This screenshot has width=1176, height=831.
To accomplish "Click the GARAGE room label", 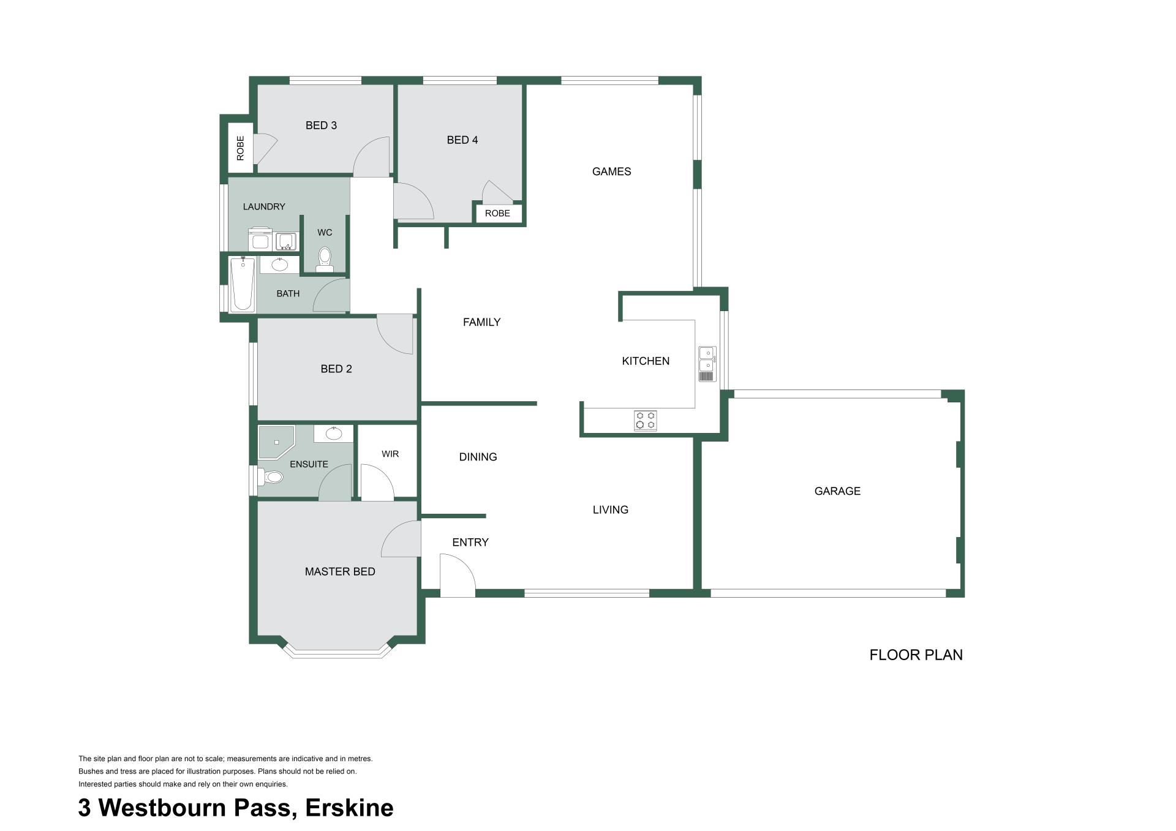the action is (837, 491).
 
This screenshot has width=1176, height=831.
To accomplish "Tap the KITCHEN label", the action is (646, 361).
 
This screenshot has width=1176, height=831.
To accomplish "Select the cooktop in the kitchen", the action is (646, 420).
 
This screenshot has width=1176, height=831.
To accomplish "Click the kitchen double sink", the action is (707, 364).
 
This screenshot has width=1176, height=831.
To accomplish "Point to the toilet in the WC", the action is (325, 260).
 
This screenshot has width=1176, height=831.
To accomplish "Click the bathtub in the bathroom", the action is (243, 284).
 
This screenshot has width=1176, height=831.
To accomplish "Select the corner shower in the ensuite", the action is (276, 442).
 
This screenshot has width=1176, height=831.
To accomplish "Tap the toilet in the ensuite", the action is (270, 476).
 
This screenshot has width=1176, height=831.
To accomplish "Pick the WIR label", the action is (390, 454).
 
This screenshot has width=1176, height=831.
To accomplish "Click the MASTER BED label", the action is (340, 572).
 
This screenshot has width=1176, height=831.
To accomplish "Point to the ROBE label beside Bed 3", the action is (240, 148).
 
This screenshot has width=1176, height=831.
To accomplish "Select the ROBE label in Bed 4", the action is (497, 214).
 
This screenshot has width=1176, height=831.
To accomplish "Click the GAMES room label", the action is (611, 172).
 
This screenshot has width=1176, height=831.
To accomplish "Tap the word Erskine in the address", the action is (349, 808).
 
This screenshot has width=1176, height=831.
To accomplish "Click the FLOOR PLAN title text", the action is (916, 655).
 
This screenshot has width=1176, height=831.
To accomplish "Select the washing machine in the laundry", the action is (260, 239).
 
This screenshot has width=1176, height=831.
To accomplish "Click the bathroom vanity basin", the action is (280, 265).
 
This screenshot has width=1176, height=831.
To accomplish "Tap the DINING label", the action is (478, 457).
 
